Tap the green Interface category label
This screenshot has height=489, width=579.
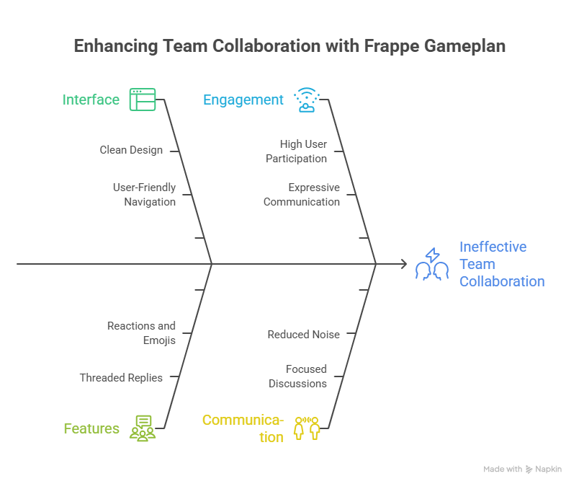point(91,100)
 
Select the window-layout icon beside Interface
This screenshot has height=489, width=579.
point(143,100)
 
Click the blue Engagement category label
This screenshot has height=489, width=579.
point(243,100)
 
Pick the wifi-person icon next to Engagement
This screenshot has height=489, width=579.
point(307,100)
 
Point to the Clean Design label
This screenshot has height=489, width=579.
point(131,150)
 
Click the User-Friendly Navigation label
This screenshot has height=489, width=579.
point(144,195)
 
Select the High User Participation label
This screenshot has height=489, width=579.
point(296,151)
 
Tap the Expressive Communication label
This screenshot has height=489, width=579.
point(302,195)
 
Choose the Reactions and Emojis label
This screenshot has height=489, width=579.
point(141,333)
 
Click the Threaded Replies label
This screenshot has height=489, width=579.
point(121,378)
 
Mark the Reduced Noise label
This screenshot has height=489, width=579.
point(303,335)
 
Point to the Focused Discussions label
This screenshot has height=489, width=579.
point(297,376)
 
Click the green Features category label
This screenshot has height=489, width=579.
point(91,428)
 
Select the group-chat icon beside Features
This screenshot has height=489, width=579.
point(143,428)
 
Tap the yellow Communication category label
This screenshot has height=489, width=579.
point(243,428)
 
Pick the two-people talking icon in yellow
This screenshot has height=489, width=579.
point(307,428)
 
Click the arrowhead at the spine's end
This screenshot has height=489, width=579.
point(405,264)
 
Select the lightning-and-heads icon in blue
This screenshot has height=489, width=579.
point(432,264)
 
